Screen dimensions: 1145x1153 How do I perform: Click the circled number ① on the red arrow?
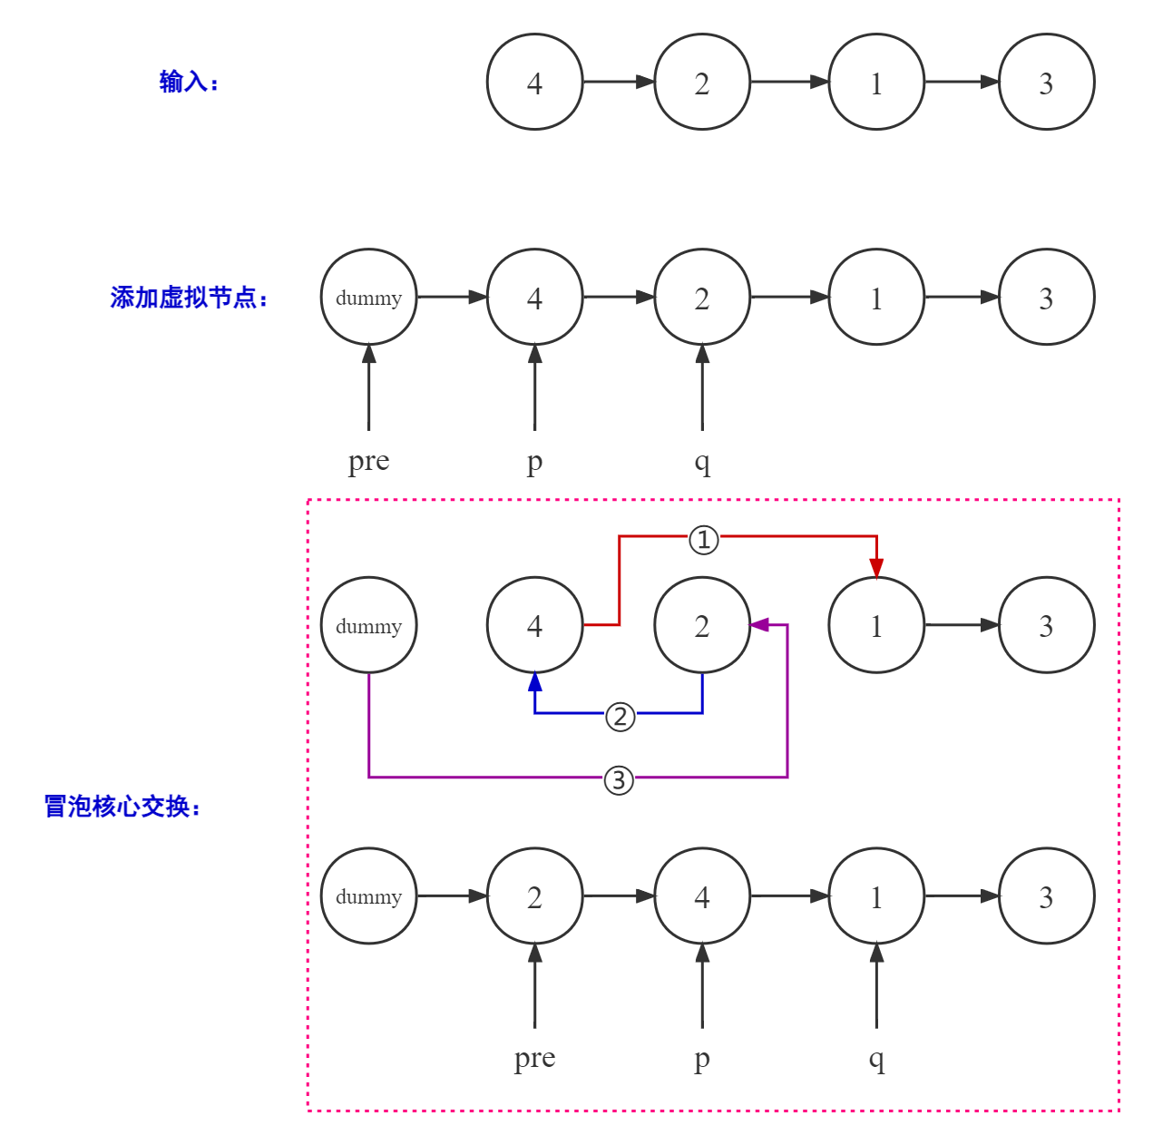pyautogui.click(x=704, y=540)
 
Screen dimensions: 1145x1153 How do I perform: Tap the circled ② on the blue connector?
pyautogui.click(x=620, y=717)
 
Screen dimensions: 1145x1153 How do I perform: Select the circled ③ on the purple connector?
pyautogui.click(x=619, y=779)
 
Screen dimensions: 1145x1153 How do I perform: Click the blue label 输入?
pyautogui.click(x=189, y=82)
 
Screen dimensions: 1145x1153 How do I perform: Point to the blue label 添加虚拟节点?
pyautogui.click(x=189, y=297)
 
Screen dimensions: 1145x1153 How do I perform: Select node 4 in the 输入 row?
pyautogui.click(x=534, y=83)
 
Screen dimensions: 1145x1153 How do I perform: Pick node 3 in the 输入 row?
pyautogui.click(x=1046, y=83)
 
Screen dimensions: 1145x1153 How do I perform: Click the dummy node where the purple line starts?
pyautogui.click(x=368, y=625)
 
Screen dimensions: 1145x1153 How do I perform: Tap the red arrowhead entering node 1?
pyautogui.click(x=876, y=569)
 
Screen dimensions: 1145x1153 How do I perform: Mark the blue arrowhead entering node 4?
pyautogui.click(x=535, y=681)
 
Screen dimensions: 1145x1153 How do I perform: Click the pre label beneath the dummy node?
pyautogui.click(x=368, y=461)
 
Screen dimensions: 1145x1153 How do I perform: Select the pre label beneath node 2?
pyautogui.click(x=534, y=1058)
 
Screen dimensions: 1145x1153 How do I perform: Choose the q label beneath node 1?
pyautogui.click(x=876, y=1059)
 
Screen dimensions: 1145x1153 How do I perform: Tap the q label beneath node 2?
pyautogui.click(x=702, y=462)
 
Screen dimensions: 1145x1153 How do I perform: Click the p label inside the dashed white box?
pyautogui.click(x=702, y=1059)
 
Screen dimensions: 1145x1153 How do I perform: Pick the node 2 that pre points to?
pyautogui.click(x=534, y=896)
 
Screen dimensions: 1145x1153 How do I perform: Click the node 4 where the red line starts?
pyautogui.click(x=534, y=625)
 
